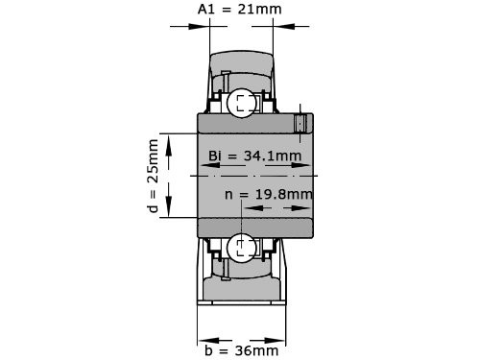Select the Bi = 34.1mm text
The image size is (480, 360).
(254, 156)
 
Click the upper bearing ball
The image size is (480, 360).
(241, 101)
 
